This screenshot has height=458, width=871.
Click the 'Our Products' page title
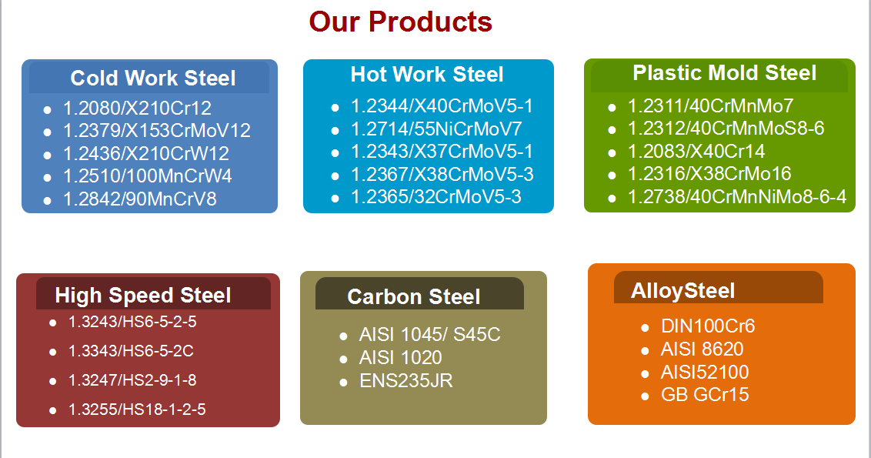click(401, 22)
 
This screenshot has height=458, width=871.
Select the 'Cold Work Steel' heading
click(153, 79)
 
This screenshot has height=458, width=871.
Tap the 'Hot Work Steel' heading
click(426, 75)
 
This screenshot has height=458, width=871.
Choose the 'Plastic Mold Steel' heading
click(724, 73)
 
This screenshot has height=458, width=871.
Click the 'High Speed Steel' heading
click(143, 295)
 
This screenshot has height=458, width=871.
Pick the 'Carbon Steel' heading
click(414, 297)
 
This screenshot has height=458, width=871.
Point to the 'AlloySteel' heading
click(682, 291)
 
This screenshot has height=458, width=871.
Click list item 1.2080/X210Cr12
click(137, 108)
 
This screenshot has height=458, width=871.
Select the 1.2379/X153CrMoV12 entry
click(157, 131)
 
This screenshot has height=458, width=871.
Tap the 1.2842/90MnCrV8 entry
click(139, 199)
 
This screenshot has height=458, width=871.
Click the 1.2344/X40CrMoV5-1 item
click(442, 105)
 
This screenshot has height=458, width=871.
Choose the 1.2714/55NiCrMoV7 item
click(436, 129)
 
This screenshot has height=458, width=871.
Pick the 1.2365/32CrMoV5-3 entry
click(436, 197)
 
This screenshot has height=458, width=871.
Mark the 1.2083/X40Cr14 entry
click(696, 151)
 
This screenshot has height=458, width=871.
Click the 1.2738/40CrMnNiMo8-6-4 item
click(737, 197)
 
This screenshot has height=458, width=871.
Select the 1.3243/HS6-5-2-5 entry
click(132, 322)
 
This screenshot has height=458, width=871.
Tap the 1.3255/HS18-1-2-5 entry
click(137, 410)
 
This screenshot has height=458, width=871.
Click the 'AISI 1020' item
click(401, 357)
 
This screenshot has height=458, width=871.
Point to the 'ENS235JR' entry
click(406, 381)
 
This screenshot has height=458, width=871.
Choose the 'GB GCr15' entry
click(705, 395)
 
